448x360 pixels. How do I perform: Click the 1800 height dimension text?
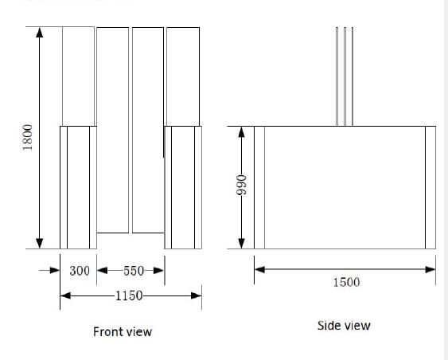click(x=28, y=138)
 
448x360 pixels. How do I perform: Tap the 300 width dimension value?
click(x=80, y=271)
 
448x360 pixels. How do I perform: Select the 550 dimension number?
click(x=134, y=271)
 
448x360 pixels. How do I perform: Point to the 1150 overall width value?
click(x=129, y=295)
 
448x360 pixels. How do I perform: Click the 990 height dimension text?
click(x=242, y=185)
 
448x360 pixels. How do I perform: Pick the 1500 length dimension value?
click(x=346, y=282)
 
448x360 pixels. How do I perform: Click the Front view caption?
click(x=123, y=331)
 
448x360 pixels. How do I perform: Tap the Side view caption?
click(x=344, y=326)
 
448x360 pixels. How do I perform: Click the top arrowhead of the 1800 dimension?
click(x=40, y=33)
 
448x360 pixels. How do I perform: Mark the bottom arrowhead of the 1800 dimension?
click(x=40, y=244)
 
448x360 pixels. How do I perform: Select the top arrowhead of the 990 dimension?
click(x=241, y=132)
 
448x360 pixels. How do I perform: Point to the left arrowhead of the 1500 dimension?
click(x=259, y=269)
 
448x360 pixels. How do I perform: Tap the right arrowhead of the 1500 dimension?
click(x=430, y=269)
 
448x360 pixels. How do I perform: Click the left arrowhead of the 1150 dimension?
click(x=65, y=295)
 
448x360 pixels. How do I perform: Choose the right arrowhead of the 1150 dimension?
click(x=197, y=295)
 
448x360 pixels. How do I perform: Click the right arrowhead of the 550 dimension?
click(x=159, y=271)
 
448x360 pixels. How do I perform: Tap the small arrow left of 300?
click(x=49, y=270)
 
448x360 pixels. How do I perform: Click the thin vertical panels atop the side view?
click(x=345, y=76)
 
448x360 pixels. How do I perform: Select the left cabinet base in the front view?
click(x=78, y=187)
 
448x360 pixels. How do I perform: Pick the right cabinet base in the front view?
click(x=183, y=187)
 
